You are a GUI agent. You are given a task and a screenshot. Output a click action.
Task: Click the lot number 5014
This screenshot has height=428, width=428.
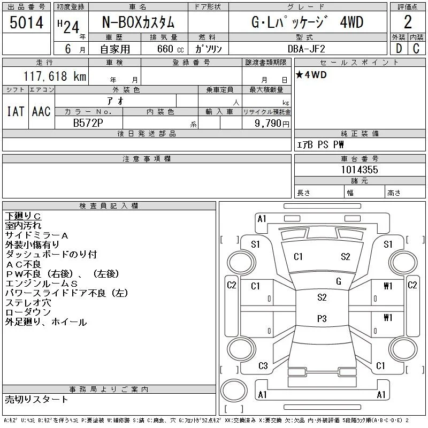pos(26,22)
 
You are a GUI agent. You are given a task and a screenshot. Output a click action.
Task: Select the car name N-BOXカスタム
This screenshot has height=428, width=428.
pos(138,22)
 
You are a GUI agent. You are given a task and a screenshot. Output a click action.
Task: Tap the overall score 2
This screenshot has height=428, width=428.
pos(408,22)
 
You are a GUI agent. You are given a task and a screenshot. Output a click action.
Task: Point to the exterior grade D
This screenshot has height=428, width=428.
pos(399,49)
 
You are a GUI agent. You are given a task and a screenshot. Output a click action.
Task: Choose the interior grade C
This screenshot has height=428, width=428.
pos(416,49)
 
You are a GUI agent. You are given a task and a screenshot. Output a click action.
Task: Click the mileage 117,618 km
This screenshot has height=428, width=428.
pos(55,76)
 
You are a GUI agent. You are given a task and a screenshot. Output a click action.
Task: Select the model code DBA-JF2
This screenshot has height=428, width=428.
pos(307,49)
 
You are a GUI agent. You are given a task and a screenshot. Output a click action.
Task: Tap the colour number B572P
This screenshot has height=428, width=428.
pos(88,123)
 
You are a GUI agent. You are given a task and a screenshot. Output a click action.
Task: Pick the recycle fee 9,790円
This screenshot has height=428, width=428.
pos(272,124)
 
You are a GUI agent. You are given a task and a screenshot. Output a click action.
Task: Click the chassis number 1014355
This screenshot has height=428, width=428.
pos(360,170)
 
